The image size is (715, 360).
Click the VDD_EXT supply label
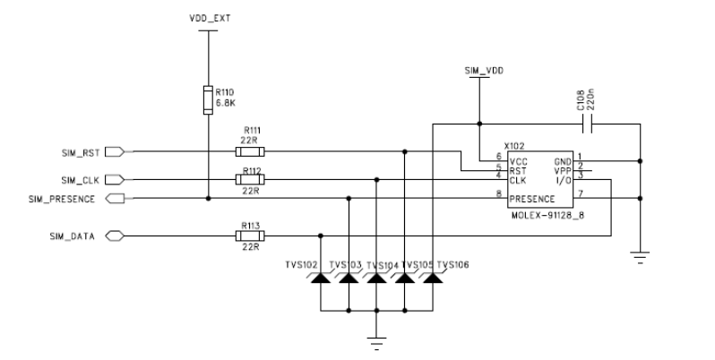tap(208, 19)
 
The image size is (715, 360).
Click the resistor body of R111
tap(249, 152)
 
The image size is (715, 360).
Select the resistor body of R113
tap(249, 236)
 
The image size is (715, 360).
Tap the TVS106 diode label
tap(453, 264)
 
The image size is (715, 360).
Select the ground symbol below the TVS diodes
tap(377, 341)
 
